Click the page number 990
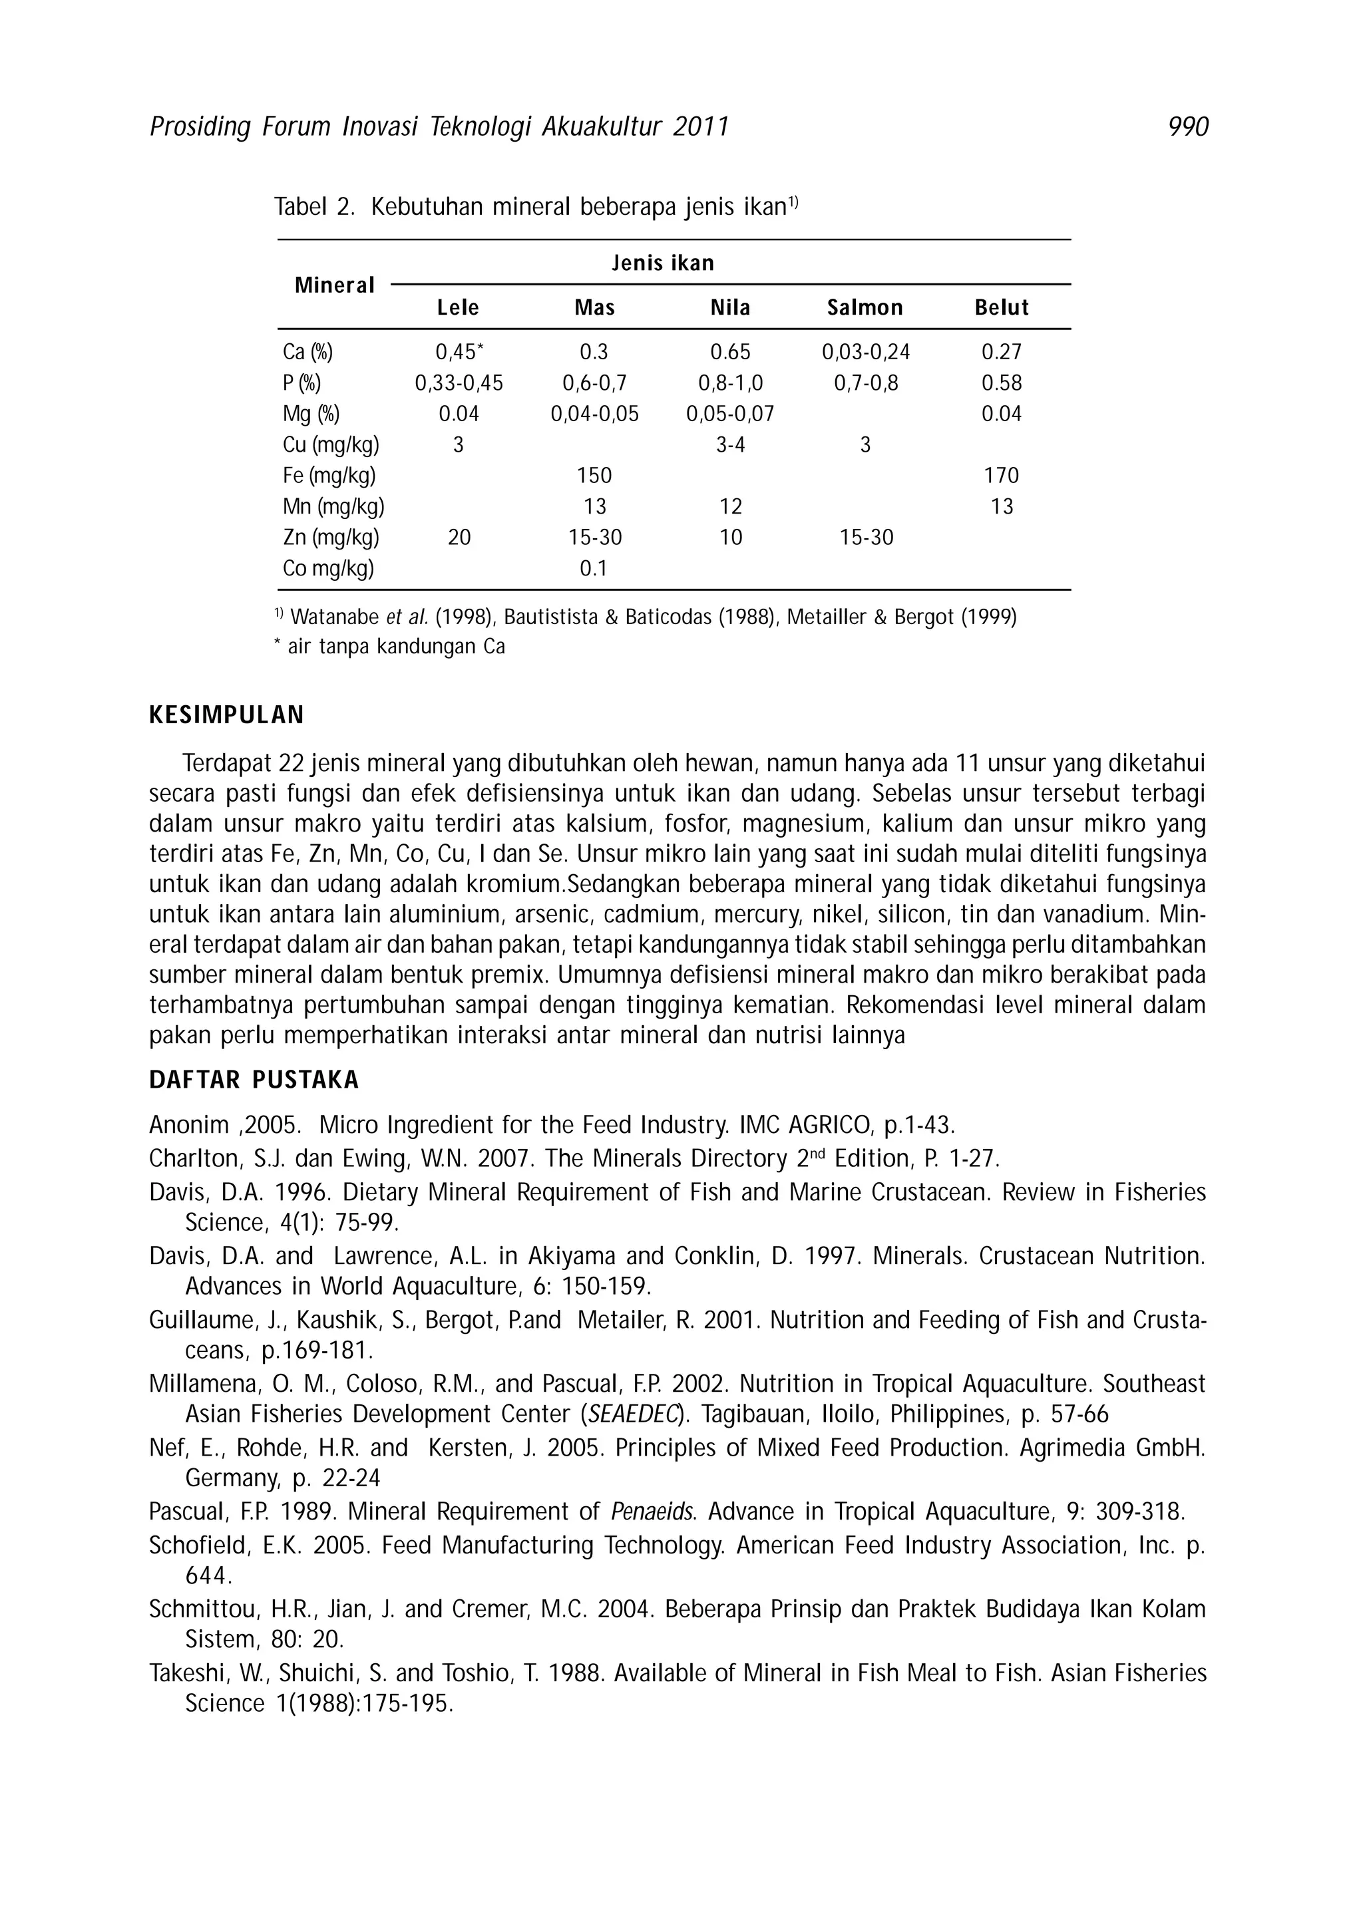[x=1187, y=127]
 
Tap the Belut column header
[x=1001, y=307]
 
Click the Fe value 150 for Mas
[x=594, y=475]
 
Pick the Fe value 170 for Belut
[x=1001, y=475]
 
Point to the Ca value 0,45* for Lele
[x=459, y=352]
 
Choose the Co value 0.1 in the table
[x=594, y=569]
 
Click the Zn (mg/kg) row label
[x=331, y=538]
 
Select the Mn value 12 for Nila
[x=731, y=506]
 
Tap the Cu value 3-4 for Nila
[x=731, y=445]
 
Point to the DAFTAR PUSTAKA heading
[x=254, y=1080]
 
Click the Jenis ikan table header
[x=663, y=263]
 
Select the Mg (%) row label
[x=311, y=414]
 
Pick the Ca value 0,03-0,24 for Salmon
[x=865, y=352]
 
